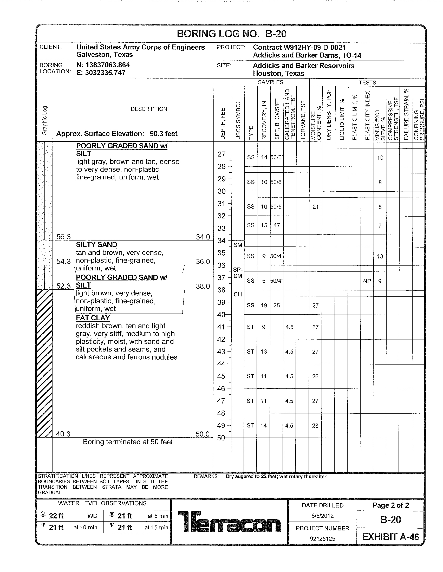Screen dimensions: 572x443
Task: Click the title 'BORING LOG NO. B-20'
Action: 231,34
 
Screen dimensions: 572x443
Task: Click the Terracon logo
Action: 229,522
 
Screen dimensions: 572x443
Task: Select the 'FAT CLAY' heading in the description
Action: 93,318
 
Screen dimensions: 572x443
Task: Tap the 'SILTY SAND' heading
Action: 96,245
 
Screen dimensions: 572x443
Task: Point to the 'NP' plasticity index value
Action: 367,281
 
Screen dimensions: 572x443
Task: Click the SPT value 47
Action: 276,225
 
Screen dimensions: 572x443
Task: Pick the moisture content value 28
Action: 315,426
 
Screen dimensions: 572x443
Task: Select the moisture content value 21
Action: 316,207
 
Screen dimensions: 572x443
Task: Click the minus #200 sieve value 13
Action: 380,257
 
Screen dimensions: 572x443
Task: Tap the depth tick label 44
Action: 221,364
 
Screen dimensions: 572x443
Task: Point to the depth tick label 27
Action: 221,154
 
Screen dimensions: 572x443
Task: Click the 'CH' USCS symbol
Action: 237,294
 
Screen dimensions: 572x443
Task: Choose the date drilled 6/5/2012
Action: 322,516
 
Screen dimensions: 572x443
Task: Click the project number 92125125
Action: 322,539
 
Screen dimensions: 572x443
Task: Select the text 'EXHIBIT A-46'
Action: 390,537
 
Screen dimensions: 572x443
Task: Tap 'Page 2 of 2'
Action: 390,505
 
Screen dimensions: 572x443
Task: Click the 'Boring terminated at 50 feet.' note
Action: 128,442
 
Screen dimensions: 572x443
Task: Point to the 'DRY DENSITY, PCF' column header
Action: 329,115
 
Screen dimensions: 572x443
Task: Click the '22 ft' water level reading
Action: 56,516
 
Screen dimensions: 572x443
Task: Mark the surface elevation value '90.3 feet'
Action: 163,134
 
